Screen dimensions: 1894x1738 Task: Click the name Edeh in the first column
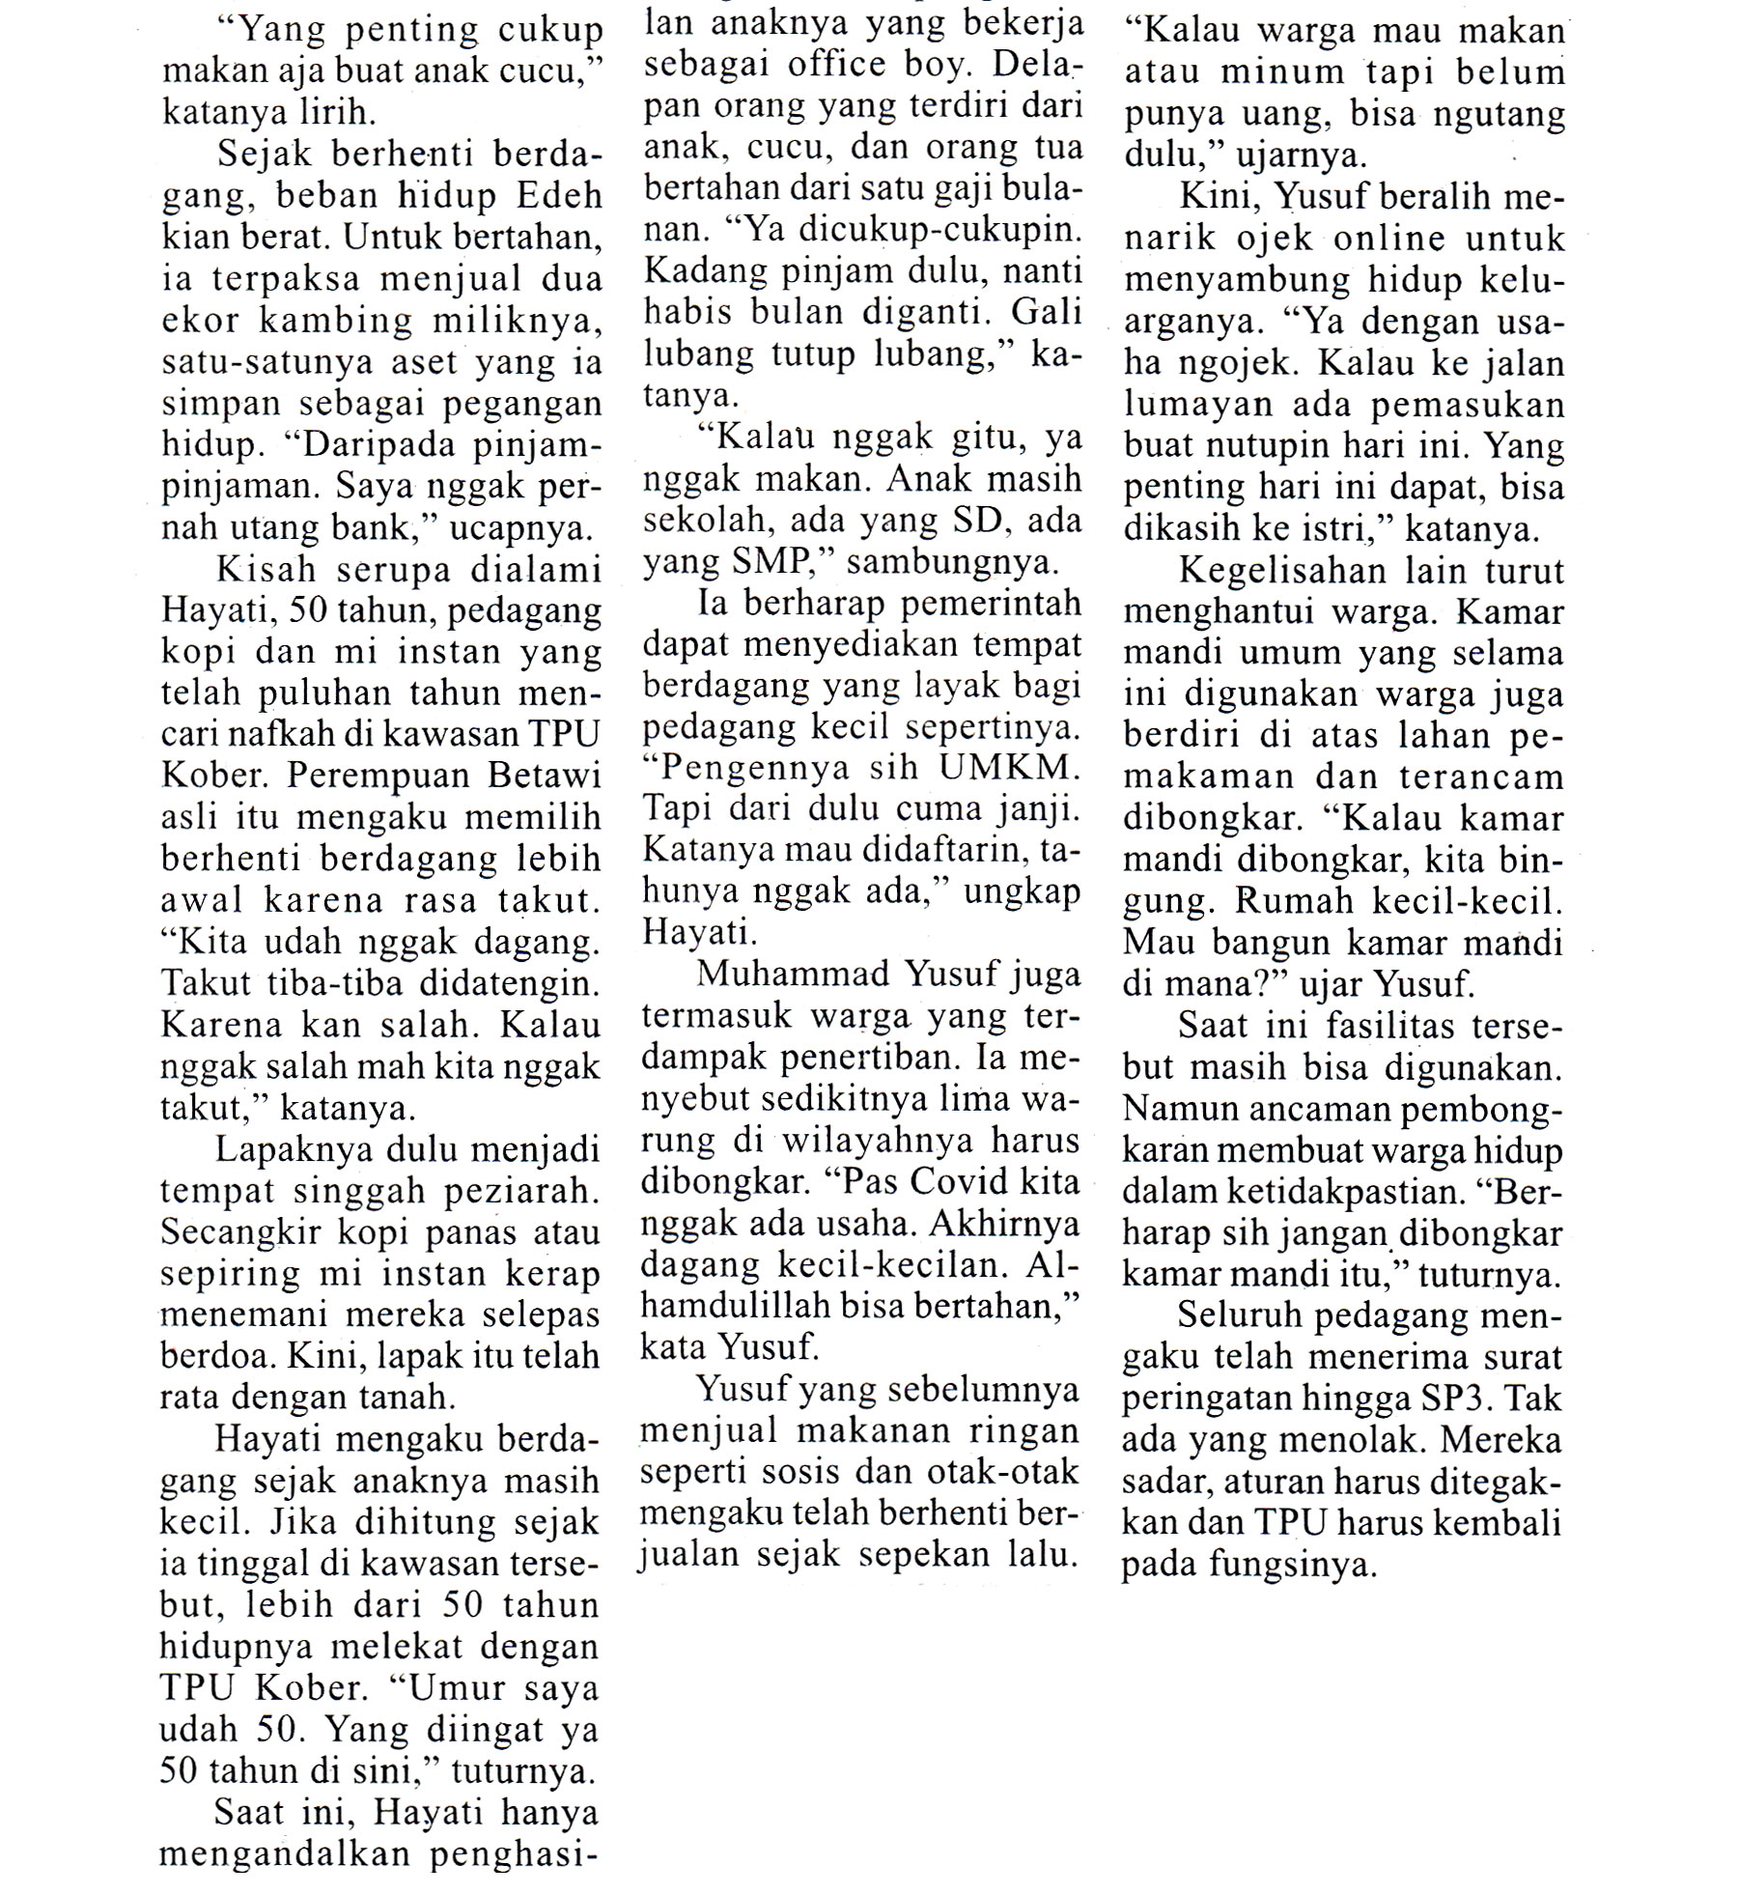(x=560, y=196)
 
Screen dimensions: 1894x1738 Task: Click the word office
(x=837, y=65)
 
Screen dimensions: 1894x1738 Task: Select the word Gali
(x=1047, y=313)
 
